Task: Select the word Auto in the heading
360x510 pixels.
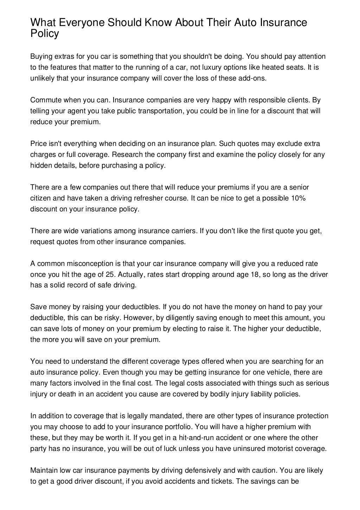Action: (x=240, y=23)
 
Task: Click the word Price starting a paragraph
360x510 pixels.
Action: (x=38, y=144)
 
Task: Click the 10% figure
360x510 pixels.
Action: (x=298, y=198)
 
